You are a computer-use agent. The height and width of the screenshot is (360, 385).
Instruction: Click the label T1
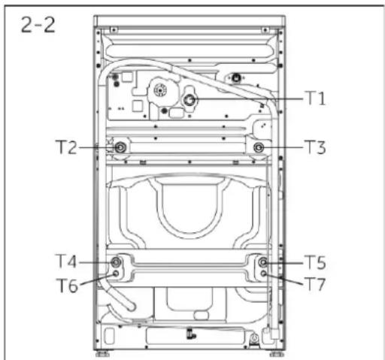(315, 98)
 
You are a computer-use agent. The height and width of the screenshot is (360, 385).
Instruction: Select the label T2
(66, 147)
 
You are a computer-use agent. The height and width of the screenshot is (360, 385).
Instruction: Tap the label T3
(315, 147)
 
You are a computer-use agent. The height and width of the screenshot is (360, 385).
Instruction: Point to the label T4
(66, 261)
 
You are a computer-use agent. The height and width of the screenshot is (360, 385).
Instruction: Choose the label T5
(315, 262)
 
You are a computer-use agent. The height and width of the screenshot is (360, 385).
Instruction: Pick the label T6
(68, 286)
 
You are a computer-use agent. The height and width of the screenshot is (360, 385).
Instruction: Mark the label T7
(314, 284)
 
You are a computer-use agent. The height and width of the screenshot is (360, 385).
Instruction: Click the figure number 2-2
(38, 25)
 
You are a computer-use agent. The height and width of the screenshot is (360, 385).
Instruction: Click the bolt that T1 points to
(189, 100)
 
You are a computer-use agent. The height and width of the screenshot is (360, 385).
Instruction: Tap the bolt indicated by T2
(120, 147)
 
